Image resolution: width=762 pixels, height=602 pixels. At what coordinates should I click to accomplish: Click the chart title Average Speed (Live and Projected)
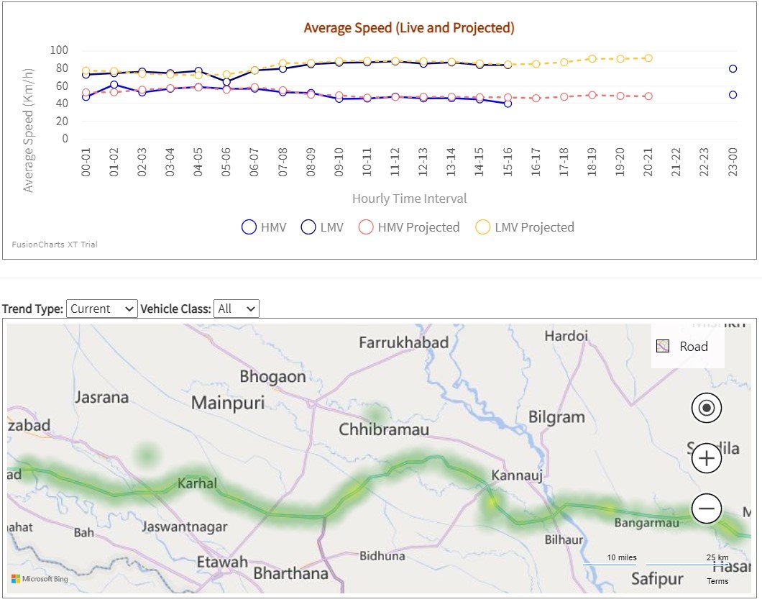409,28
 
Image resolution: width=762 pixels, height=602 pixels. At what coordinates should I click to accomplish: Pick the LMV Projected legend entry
525,227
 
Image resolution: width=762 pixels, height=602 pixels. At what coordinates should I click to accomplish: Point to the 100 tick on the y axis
59,50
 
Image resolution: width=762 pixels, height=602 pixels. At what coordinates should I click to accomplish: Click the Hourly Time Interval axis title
409,199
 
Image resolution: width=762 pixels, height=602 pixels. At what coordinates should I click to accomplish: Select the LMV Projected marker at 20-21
648,58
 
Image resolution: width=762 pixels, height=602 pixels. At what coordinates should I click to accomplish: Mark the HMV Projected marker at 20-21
648,96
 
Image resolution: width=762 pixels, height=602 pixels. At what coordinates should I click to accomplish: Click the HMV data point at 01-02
114,85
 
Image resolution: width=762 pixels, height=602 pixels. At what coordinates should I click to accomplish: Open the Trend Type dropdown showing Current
101,309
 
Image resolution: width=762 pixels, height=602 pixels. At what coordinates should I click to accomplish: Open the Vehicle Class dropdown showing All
237,309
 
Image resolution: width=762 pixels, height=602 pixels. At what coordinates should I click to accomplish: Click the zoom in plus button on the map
706,458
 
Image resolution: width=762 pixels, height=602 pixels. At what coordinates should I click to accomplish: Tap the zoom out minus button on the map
706,508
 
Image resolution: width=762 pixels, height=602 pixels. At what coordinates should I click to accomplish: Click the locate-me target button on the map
706,409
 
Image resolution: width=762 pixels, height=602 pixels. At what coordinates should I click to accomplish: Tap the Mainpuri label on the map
228,402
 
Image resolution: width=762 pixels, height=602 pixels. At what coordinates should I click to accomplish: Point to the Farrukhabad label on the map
403,343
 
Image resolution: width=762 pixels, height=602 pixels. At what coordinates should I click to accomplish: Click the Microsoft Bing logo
40,579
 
